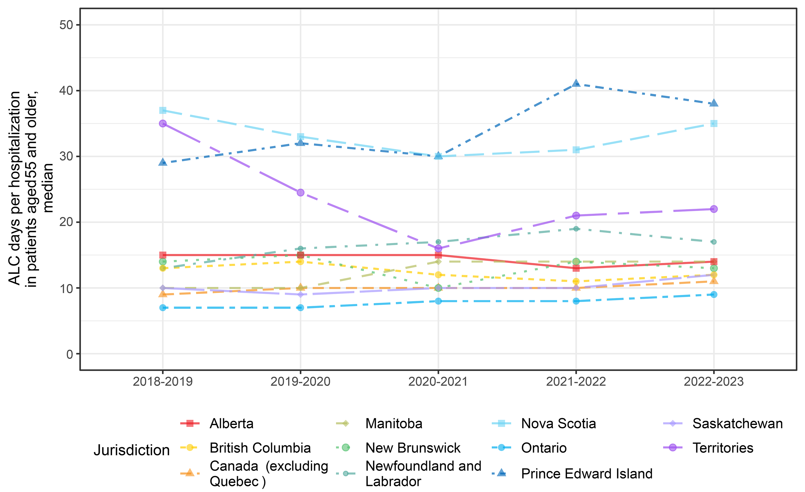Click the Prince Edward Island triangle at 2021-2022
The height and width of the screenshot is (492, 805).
tap(576, 84)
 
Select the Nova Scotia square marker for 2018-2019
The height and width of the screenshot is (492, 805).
tap(163, 110)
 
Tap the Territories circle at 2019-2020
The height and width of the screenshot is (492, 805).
tap(301, 192)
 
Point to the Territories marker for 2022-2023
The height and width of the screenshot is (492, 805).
tap(714, 209)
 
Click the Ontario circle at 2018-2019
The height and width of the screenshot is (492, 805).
tap(163, 308)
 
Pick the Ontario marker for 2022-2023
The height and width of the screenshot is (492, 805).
tap(714, 294)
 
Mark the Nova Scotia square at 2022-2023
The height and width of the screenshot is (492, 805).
tap(714, 124)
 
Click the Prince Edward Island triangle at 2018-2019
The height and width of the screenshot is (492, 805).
tap(163, 162)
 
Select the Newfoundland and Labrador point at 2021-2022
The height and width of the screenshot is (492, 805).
tap(576, 229)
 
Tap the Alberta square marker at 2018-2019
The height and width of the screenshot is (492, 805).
tap(163, 255)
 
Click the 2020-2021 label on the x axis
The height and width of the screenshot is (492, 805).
tap(438, 382)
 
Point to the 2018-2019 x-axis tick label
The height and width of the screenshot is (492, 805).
tap(163, 382)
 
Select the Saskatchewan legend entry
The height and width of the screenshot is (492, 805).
tap(737, 424)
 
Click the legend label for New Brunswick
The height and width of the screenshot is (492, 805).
tap(413, 448)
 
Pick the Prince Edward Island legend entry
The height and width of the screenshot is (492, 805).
tap(586, 474)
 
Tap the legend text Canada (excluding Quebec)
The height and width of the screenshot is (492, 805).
tap(268, 474)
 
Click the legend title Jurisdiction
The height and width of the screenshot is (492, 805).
tap(132, 450)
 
